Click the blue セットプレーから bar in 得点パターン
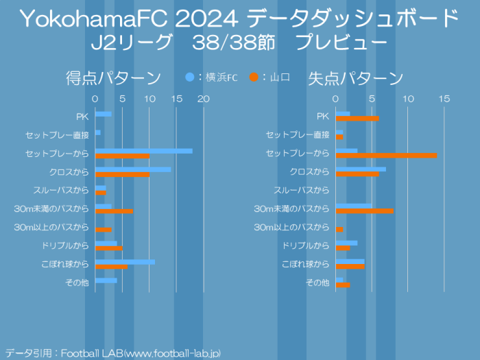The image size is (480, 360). (144, 151)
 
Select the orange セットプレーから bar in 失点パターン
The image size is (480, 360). (387, 156)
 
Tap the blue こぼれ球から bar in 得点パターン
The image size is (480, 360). (125, 262)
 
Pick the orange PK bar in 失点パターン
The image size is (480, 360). (357, 119)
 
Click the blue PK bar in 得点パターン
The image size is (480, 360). (104, 114)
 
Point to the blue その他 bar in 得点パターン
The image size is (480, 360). (106, 280)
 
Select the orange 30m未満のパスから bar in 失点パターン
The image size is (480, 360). (365, 211)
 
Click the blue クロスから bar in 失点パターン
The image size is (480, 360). (361, 169)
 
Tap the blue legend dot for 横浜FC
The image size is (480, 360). (190, 77)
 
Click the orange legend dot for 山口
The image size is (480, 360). (254, 77)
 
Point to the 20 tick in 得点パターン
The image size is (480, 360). (204, 99)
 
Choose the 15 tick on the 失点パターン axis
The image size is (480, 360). (444, 99)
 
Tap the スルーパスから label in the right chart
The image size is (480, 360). (302, 190)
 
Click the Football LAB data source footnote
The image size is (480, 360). (113, 353)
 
